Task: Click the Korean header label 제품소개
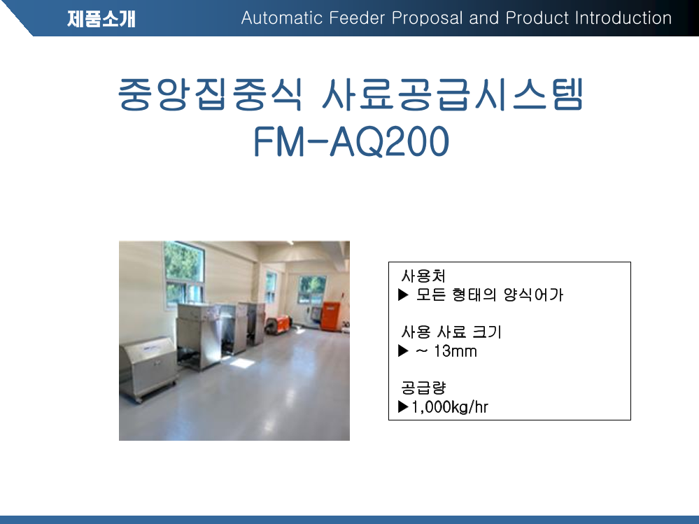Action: [101, 19]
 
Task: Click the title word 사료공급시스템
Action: [453, 94]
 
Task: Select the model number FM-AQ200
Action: [351, 141]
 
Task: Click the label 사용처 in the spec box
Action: [423, 276]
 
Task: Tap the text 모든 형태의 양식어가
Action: [490, 295]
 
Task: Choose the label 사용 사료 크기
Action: [451, 332]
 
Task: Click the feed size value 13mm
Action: [455, 351]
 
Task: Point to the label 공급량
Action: [423, 388]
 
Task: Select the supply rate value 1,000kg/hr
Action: [450, 406]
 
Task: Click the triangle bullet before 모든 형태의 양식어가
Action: [403, 295]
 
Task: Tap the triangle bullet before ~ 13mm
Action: [403, 350]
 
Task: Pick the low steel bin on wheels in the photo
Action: [148, 369]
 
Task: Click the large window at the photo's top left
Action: [184, 274]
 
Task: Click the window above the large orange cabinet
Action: [311, 289]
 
